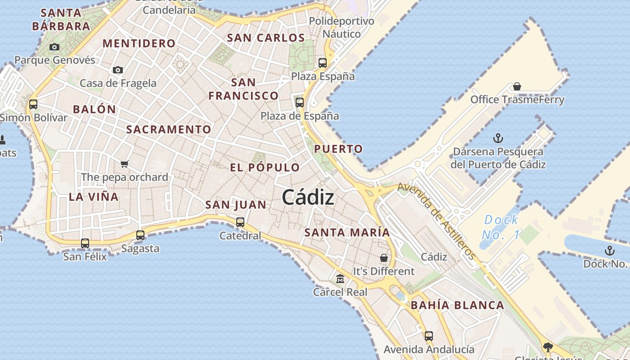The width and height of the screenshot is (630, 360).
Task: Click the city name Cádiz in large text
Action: click(x=308, y=198)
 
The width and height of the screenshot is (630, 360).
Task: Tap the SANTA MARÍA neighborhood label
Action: click(x=347, y=233)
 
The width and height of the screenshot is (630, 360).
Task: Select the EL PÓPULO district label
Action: click(x=265, y=168)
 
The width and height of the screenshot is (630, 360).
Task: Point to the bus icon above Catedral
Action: click(x=240, y=222)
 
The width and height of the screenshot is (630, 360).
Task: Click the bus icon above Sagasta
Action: click(x=140, y=235)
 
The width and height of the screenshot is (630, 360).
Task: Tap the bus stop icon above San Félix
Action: click(x=85, y=243)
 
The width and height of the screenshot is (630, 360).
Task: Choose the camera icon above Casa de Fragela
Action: click(x=118, y=70)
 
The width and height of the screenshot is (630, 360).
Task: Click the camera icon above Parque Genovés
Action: click(x=54, y=47)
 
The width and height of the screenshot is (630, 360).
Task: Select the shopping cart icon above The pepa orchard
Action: click(x=125, y=164)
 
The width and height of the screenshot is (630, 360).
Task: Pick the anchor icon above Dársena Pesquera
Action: click(x=498, y=138)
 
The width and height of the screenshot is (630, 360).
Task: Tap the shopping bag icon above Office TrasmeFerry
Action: click(x=517, y=86)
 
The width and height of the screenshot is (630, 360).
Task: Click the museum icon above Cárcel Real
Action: click(x=340, y=279)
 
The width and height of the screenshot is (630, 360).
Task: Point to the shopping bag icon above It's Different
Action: click(x=384, y=258)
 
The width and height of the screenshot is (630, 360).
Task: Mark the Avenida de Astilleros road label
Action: click(x=436, y=220)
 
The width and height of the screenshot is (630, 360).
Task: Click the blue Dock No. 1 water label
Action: click(x=500, y=227)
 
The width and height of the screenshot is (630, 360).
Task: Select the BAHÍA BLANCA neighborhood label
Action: click(x=457, y=305)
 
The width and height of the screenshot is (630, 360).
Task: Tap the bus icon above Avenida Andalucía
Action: click(x=429, y=336)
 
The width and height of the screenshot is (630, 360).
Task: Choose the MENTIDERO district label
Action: click(x=139, y=44)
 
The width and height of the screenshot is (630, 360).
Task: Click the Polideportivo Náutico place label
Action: click(x=342, y=27)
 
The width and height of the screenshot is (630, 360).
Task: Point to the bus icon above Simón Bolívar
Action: click(x=33, y=104)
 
